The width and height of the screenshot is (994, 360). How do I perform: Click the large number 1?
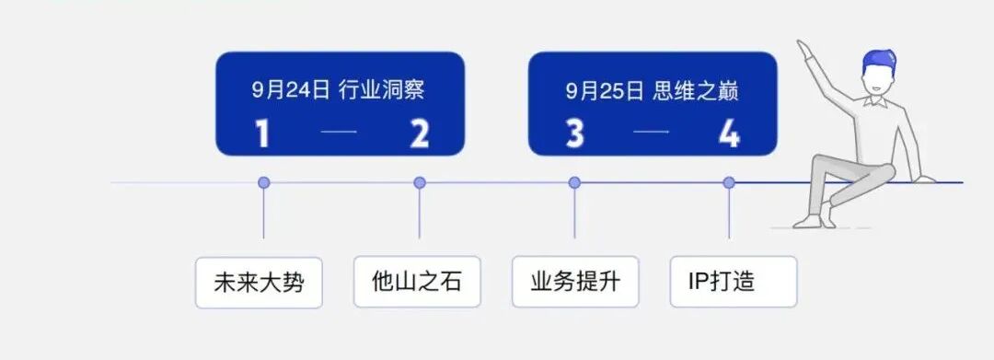click(x=263, y=134)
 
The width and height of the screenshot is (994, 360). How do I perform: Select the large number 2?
click(x=420, y=134)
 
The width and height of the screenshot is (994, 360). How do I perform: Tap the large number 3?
click(x=575, y=134)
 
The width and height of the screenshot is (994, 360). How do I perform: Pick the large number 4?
click(x=730, y=134)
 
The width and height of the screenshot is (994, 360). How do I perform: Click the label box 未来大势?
click(x=259, y=282)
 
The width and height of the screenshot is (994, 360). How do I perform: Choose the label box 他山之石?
click(x=417, y=282)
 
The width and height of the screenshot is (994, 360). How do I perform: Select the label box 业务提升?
click(x=575, y=282)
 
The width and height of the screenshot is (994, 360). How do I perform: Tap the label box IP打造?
click(x=734, y=282)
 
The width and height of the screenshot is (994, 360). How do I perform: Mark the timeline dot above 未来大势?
click(x=264, y=182)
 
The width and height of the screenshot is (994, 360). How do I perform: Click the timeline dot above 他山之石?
click(x=420, y=182)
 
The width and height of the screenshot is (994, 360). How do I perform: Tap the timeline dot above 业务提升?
click(x=574, y=182)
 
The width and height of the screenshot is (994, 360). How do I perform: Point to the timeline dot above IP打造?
click(x=729, y=182)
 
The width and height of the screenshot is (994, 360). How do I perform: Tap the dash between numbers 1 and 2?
click(x=340, y=134)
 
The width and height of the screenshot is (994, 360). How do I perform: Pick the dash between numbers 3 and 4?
click(x=652, y=134)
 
